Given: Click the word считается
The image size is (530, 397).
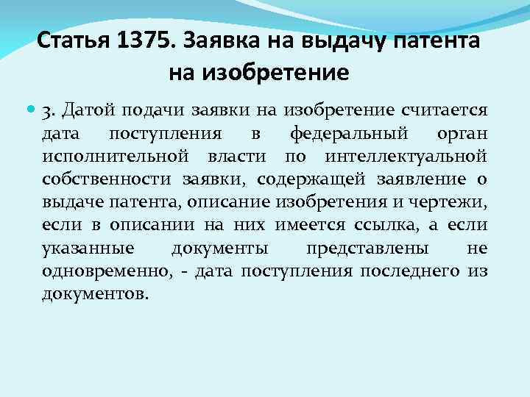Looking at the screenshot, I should (x=445, y=111).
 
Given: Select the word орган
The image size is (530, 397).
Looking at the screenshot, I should (x=461, y=134).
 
